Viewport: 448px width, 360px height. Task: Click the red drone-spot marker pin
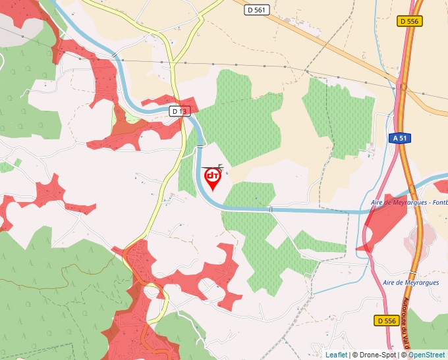pos(213,179)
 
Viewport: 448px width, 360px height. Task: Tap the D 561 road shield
pos(257,10)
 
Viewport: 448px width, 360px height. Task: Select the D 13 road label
pos(179,111)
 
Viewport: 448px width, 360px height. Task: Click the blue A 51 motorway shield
pos(399,138)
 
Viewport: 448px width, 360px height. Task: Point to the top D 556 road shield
pos(409,21)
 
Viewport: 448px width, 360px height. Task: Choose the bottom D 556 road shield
pos(387,321)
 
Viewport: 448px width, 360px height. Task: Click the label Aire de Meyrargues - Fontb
pos(408,202)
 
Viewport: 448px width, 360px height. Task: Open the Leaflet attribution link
pos(336,355)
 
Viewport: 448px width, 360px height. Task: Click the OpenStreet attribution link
pos(428,355)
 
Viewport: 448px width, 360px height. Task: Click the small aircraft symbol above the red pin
pos(219,166)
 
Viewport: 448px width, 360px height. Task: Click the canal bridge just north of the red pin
pos(200,147)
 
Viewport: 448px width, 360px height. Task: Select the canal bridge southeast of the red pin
pos(270,209)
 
